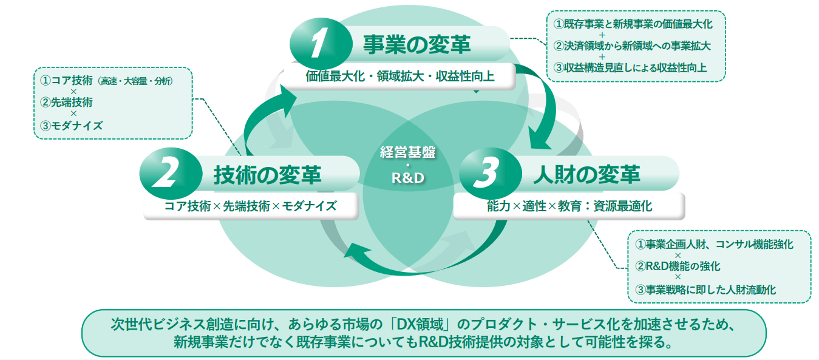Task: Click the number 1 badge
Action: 319,44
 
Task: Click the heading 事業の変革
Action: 416,44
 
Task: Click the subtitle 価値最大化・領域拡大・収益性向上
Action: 401,76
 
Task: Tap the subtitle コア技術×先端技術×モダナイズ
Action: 250,206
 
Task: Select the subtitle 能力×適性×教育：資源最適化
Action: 569,206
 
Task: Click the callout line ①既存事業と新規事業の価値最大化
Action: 633,24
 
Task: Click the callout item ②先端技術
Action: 67,102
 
